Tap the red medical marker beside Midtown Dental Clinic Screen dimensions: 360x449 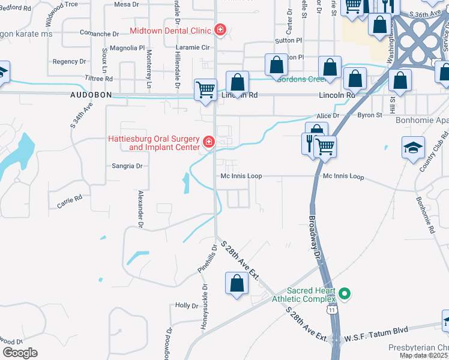pos(220,29)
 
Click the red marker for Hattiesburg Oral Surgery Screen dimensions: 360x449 pos(208,142)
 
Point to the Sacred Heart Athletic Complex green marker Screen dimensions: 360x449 pos(345,294)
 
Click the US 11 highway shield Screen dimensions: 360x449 pos(331,309)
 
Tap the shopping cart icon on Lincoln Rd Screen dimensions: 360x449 pos(205,90)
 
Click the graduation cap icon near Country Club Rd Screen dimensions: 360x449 pos(413,148)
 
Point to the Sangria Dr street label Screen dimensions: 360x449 pos(127,166)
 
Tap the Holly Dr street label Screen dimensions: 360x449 pos(186,305)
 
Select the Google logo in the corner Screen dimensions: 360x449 pos(20,352)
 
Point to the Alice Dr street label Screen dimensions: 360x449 pos(328,115)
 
